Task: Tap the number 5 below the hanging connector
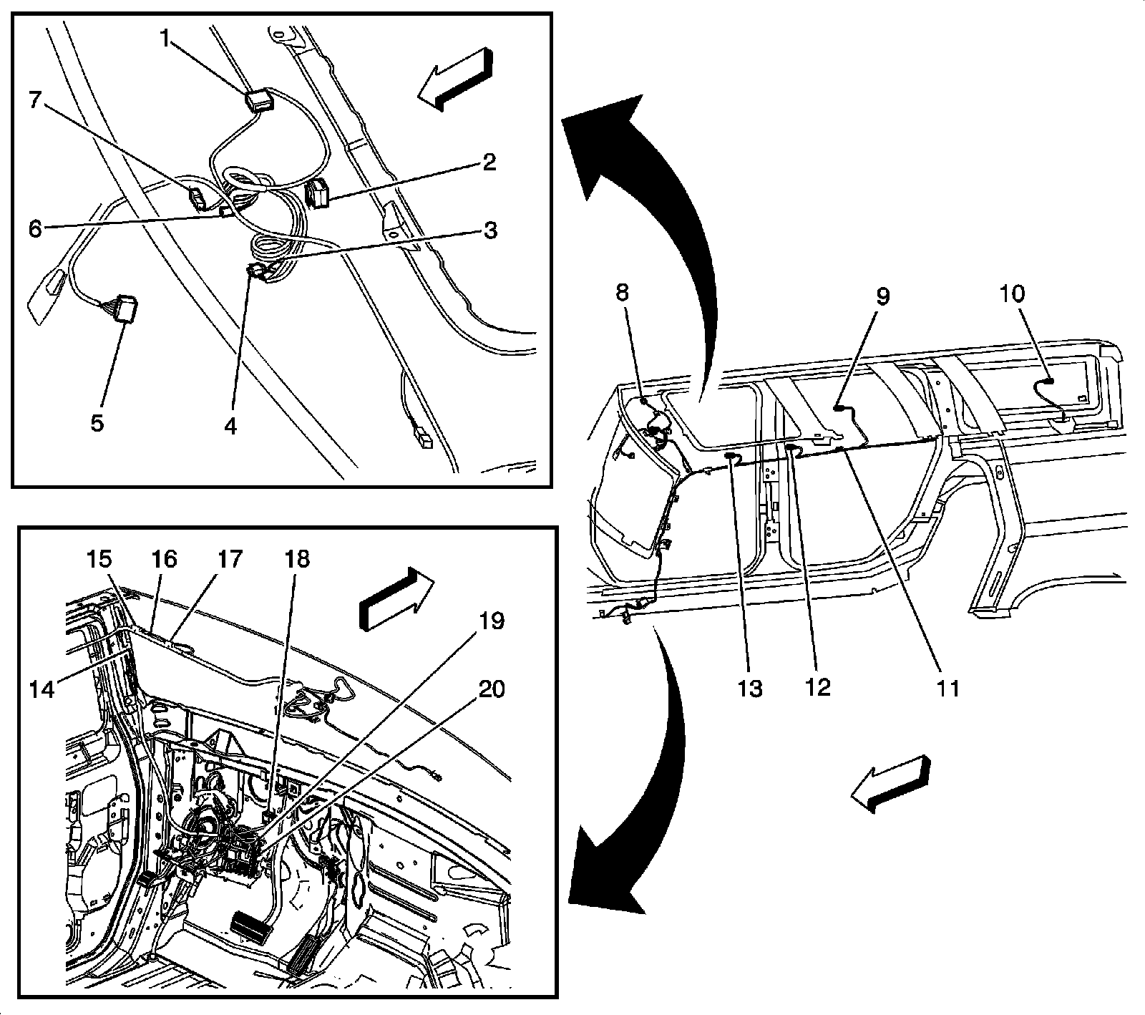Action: pyautogui.click(x=97, y=422)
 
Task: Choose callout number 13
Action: pyautogui.click(x=750, y=688)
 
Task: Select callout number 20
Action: pyautogui.click(x=491, y=690)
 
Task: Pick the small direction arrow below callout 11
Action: pyautogui.click(x=890, y=784)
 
